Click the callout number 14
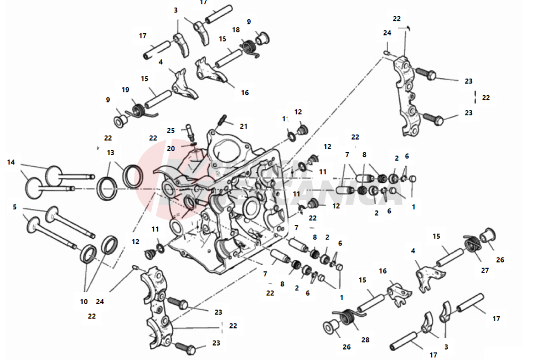pyautogui.click(x=11, y=162)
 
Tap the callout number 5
pyautogui.click(x=14, y=207)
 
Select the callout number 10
pyautogui.click(x=84, y=302)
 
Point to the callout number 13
pyautogui.click(x=111, y=152)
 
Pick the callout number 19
pyautogui.click(x=125, y=90)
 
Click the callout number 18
pyautogui.click(x=236, y=30)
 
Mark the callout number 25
pyautogui.click(x=171, y=130)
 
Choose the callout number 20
pyautogui.click(x=171, y=148)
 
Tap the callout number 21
pyautogui.click(x=243, y=126)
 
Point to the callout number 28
pyautogui.click(x=365, y=340)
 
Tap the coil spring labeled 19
pyautogui.click(x=137, y=109)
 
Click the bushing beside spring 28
pyautogui.click(x=331, y=328)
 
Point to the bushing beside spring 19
pyautogui.click(x=120, y=120)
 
